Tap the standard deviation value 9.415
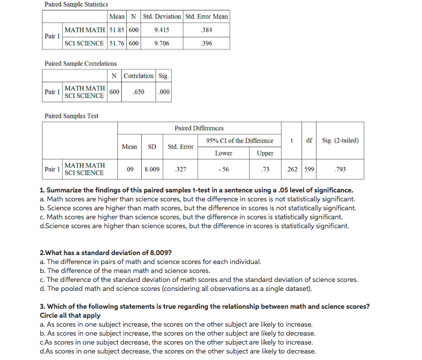(162, 30)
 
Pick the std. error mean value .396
(206, 43)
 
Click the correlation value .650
(139, 92)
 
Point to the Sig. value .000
(163, 92)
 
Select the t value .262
(292, 169)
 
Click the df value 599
(309, 169)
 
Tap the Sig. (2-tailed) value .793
(340, 169)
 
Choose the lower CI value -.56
(223, 169)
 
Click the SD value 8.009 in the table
(152, 169)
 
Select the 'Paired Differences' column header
(199, 128)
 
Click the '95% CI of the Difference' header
(239, 141)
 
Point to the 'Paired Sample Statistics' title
(76, 4)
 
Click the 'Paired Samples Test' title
(72, 116)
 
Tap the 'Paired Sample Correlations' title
(81, 64)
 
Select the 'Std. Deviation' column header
(162, 16)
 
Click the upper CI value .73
(265, 169)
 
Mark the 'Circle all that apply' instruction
(70, 315)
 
